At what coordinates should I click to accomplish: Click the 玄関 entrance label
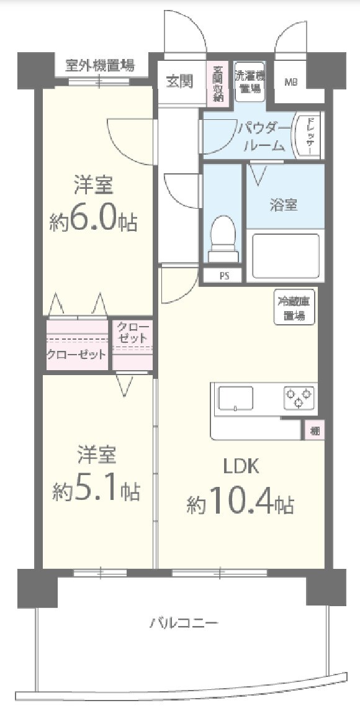[179, 81]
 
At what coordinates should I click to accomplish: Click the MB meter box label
[290, 81]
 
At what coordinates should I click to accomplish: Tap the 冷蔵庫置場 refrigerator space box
[294, 307]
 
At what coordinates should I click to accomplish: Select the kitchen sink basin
[235, 398]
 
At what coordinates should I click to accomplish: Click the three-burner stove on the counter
[299, 397]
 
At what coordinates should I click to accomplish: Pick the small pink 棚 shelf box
[315, 430]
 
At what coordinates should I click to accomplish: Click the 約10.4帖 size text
[240, 503]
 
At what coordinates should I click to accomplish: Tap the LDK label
[240, 466]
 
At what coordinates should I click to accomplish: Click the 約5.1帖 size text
[96, 491]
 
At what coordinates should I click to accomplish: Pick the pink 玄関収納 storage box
[218, 84]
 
